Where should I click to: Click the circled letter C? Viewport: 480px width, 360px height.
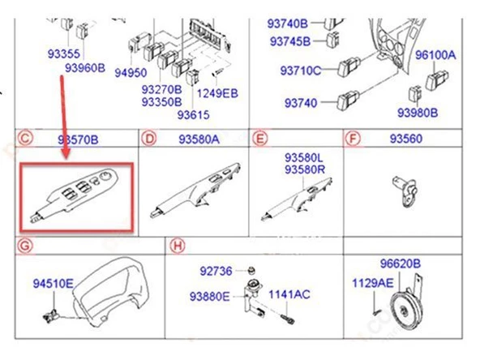click(x=25, y=138)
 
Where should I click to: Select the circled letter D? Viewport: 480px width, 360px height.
click(x=149, y=139)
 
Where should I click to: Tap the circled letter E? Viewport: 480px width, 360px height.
click(x=260, y=139)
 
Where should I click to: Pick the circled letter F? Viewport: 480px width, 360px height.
click(x=353, y=139)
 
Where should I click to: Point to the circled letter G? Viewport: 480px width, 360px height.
click(x=25, y=246)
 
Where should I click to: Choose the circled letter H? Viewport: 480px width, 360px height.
click(x=178, y=246)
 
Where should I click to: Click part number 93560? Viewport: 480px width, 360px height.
click(x=406, y=139)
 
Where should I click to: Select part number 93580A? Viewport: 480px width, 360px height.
click(x=199, y=139)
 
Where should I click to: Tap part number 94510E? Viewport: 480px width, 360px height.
click(x=54, y=284)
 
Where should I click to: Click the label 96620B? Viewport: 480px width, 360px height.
click(x=401, y=264)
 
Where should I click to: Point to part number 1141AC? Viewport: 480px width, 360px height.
click(x=289, y=294)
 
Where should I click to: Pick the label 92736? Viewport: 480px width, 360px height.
click(x=216, y=271)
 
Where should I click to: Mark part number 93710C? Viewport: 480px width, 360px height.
click(x=301, y=71)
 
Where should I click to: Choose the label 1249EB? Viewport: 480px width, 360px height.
click(x=217, y=93)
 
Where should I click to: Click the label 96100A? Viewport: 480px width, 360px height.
click(x=435, y=55)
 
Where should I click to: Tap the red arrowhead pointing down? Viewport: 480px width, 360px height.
click(x=66, y=153)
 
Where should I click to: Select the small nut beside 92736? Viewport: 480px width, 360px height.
click(x=251, y=271)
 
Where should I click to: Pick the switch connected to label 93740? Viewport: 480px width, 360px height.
click(x=349, y=100)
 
